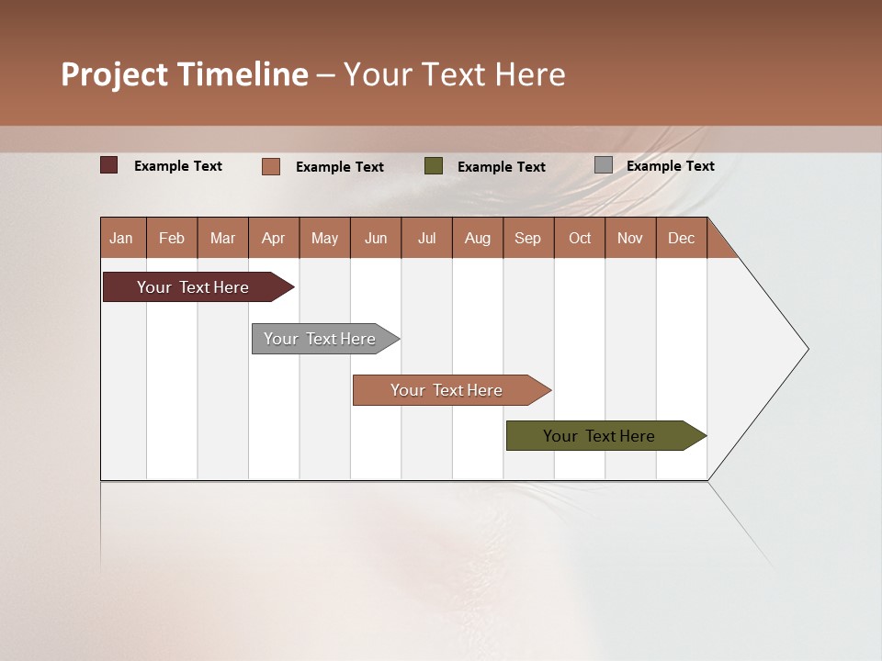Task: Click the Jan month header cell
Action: [122, 238]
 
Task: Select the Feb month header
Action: [172, 238]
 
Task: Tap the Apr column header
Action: [274, 238]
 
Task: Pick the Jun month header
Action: [376, 238]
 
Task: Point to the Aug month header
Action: [478, 238]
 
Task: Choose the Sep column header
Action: [528, 238]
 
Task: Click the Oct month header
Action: [580, 238]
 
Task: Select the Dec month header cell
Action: [682, 238]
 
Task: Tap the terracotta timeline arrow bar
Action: [447, 390]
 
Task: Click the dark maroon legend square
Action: [109, 165]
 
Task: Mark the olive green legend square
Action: [434, 165]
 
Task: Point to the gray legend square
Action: [604, 165]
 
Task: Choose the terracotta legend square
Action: [271, 166]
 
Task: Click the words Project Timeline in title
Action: [185, 74]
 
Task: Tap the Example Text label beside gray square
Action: [670, 166]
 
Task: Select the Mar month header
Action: [223, 238]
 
